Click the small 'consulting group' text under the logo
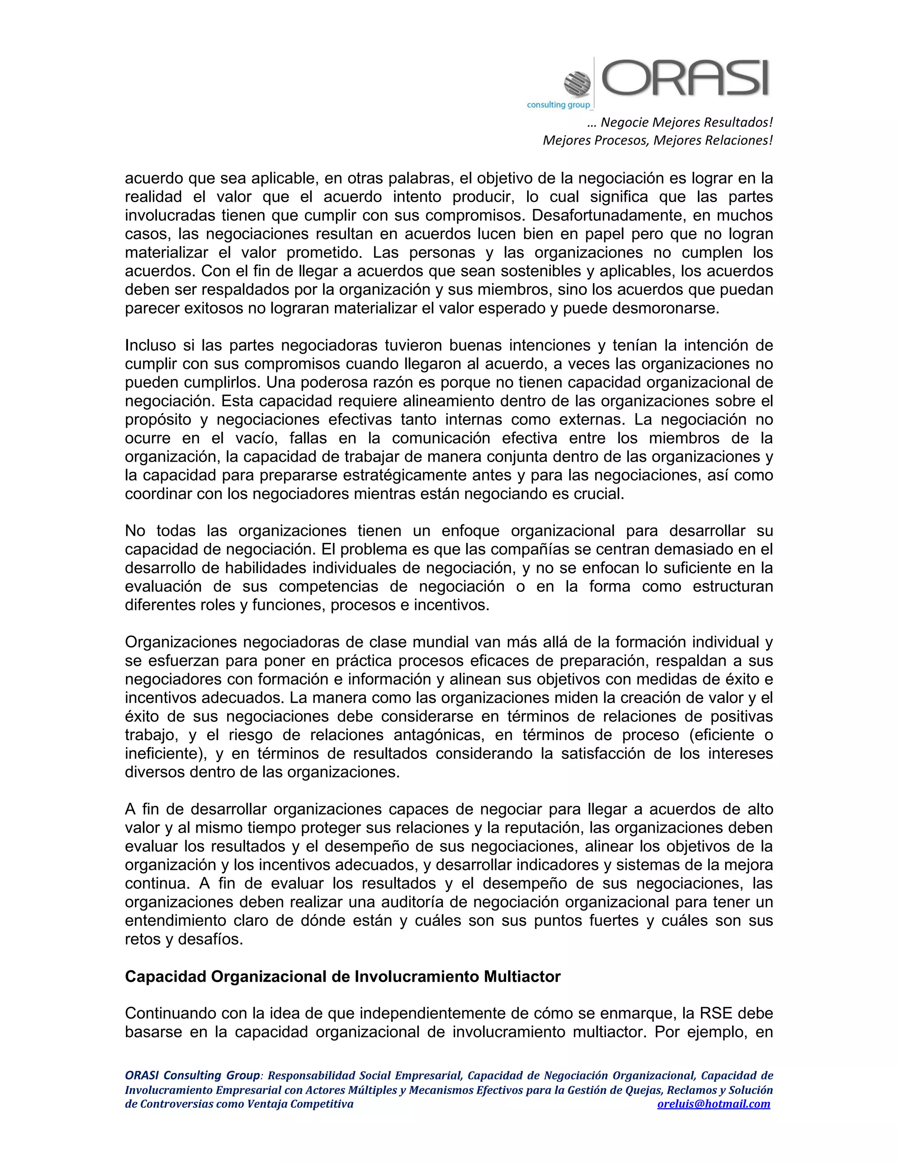[x=558, y=105]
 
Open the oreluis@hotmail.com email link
[x=713, y=1104]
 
